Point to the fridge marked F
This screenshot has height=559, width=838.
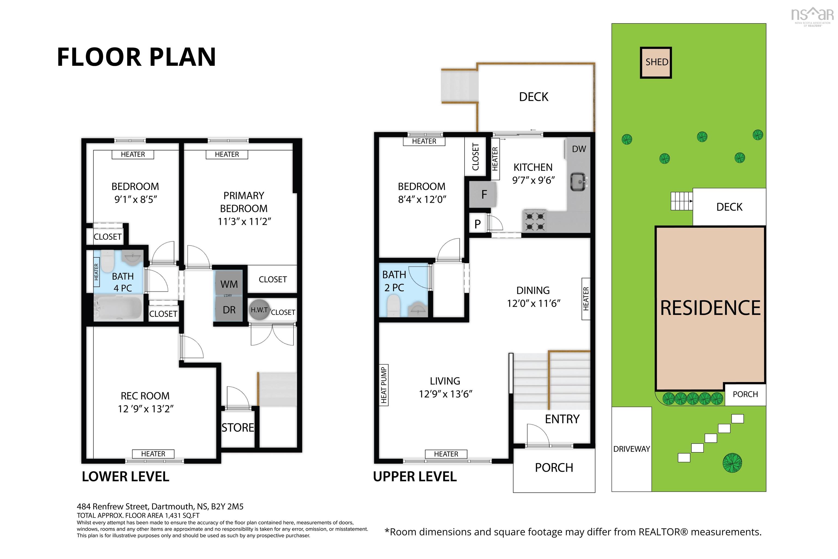[483, 194]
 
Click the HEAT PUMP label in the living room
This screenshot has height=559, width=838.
[383, 385]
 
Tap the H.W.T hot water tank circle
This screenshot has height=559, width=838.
[259, 310]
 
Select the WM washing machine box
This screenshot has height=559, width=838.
[229, 284]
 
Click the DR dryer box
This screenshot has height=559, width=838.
[229, 310]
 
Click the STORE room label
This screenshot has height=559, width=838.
[238, 428]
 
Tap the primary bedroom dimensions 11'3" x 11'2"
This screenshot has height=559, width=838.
[244, 221]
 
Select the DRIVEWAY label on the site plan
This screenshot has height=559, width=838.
[631, 449]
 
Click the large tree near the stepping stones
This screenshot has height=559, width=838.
[732, 463]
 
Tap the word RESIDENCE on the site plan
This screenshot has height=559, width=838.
[710, 308]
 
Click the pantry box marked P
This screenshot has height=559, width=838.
[477, 224]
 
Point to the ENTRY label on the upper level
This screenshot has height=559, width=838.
[562, 419]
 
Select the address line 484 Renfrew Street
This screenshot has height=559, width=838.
[160, 506]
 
